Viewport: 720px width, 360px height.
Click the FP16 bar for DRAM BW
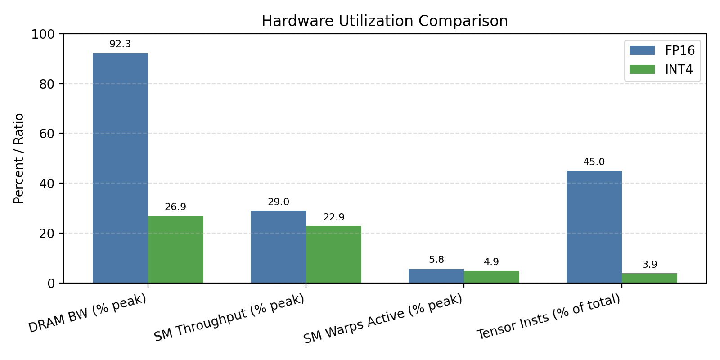[x=120, y=167]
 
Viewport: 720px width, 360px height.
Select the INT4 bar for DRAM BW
[x=175, y=249]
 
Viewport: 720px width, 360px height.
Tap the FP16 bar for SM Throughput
[x=278, y=247]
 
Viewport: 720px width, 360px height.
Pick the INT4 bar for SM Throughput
[x=333, y=254]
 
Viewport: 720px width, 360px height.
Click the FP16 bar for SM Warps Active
[x=436, y=276]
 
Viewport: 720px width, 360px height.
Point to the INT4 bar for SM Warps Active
[x=491, y=277]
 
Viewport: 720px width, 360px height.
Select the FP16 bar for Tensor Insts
[x=594, y=227]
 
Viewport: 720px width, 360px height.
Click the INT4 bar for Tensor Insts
[x=649, y=278]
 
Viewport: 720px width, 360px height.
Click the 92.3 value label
[x=120, y=44]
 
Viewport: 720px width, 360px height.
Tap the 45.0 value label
[x=594, y=162]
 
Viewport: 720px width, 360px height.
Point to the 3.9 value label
[x=649, y=265]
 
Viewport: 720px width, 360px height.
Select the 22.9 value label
[x=333, y=217]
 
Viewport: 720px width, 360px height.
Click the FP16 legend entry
[x=662, y=50]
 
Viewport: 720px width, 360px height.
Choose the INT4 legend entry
[x=661, y=69]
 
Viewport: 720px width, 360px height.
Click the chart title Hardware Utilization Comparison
[x=385, y=21]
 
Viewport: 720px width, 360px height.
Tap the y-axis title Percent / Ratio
[x=18, y=158]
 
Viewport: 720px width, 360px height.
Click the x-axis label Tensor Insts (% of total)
[x=549, y=317]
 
